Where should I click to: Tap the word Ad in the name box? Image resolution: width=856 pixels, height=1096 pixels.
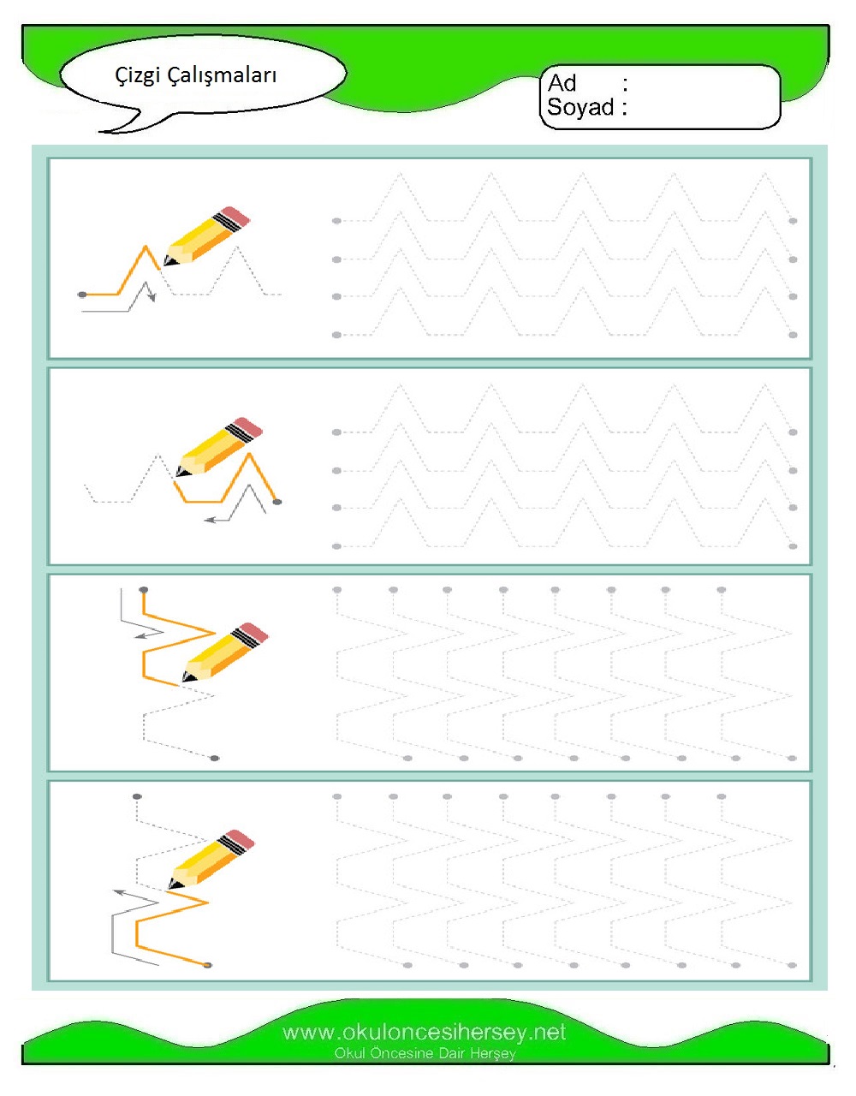coord(562,83)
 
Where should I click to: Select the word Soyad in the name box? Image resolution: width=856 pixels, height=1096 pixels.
coord(580,107)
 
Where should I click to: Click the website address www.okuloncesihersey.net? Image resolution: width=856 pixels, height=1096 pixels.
coord(424,1033)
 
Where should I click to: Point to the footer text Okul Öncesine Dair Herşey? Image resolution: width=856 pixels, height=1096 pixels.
coord(425,1053)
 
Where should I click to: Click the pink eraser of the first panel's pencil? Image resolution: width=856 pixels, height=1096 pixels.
coord(236,216)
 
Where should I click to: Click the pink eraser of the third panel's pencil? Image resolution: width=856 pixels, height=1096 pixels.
coord(253,633)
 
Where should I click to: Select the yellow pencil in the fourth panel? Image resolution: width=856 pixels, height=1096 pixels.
coord(211,860)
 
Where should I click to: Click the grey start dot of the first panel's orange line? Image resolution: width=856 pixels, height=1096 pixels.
coord(82,295)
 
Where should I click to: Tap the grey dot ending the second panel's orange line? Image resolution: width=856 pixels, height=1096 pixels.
coord(276,502)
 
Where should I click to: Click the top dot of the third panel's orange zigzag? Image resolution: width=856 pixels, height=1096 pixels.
coord(144,590)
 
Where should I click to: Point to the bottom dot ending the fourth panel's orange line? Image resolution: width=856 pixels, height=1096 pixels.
coord(207,965)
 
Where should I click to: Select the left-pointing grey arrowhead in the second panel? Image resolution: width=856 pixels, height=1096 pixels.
coord(209,520)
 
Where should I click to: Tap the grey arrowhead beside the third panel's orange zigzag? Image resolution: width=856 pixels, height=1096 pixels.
coord(140,635)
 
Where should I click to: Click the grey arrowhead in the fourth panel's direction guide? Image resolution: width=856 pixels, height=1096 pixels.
coord(119,892)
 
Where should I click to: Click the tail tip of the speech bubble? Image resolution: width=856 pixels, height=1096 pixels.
coord(99,132)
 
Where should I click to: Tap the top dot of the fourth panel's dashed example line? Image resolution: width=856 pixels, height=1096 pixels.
coord(137,796)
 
